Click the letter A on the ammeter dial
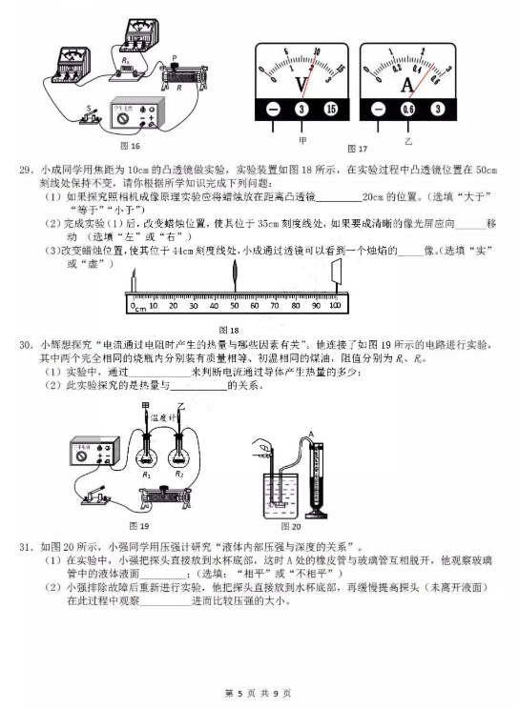pos(407,86)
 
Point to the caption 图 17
pos(358,150)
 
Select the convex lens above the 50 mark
pos(235,282)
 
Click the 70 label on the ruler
pos(274,306)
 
